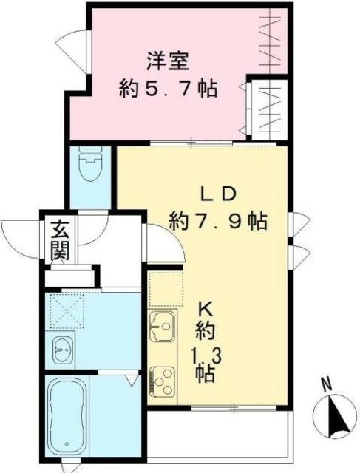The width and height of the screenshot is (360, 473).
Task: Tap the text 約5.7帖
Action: pyautogui.click(x=168, y=89)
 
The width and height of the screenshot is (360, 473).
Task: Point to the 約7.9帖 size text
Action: pyautogui.click(x=217, y=220)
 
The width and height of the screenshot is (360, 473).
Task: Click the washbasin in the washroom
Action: pyautogui.click(x=62, y=347)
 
